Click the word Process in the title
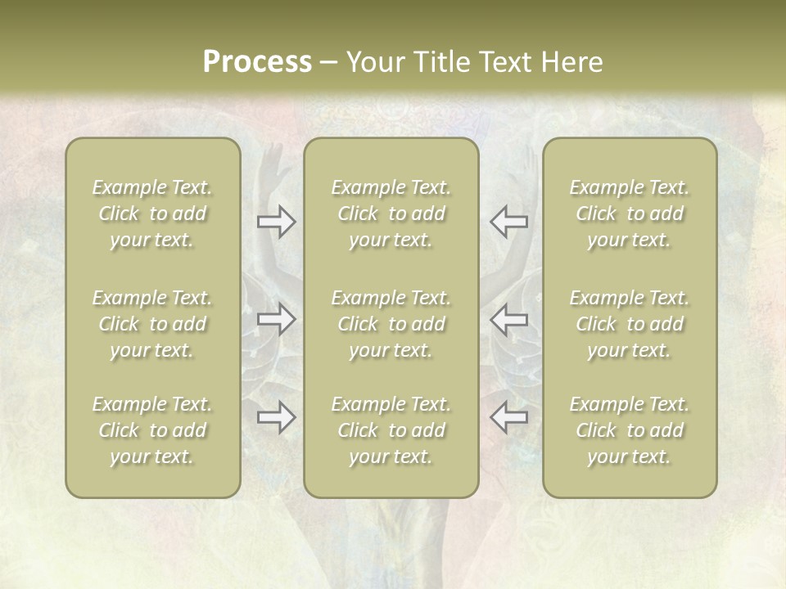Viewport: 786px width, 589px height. click(x=257, y=62)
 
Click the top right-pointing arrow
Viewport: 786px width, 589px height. click(x=277, y=221)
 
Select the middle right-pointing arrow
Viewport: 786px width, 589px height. click(x=277, y=319)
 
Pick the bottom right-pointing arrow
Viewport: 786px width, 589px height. click(x=277, y=417)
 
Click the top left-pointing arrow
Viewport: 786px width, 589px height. click(x=508, y=221)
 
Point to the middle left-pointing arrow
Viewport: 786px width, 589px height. click(x=508, y=319)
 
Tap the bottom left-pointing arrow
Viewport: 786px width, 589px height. click(x=508, y=417)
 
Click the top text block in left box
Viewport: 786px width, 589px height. click(x=152, y=214)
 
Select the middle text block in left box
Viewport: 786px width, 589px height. click(x=152, y=324)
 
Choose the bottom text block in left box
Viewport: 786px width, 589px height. click(x=152, y=430)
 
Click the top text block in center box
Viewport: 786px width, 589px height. click(x=391, y=214)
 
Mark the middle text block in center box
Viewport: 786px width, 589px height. click(x=391, y=324)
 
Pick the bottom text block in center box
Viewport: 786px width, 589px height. click(x=391, y=430)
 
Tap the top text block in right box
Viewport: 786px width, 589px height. click(x=630, y=214)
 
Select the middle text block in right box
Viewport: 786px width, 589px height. click(x=630, y=324)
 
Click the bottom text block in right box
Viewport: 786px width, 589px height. click(x=630, y=430)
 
